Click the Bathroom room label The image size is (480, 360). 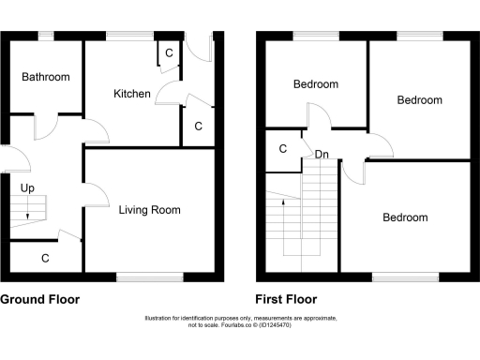click(46, 77)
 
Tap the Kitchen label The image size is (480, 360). click(132, 94)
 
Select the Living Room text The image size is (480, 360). click(149, 210)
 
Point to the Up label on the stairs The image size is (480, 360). click(27, 188)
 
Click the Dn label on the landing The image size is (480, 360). click(322, 154)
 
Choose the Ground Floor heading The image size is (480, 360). click(39, 300)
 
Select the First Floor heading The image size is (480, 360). click(286, 300)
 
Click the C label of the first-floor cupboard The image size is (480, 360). click(283, 148)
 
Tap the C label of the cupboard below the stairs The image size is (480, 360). click(45, 256)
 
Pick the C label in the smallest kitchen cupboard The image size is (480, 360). click(169, 53)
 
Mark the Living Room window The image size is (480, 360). click(150, 276)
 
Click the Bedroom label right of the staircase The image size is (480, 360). click(405, 217)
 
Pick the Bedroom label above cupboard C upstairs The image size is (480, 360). click(316, 84)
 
